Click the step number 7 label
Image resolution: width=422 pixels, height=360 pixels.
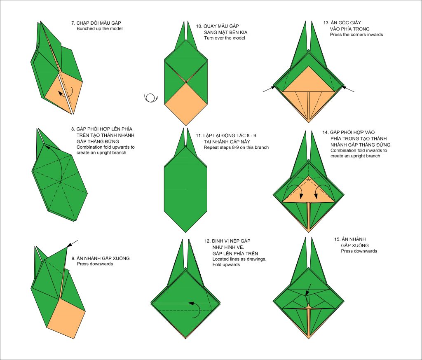73,23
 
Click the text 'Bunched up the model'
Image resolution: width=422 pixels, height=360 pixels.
99,29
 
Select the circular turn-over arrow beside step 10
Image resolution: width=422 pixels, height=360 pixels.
151,98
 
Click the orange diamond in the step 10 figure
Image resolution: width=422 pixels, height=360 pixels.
186,104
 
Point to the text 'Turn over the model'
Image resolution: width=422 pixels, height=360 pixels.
225,38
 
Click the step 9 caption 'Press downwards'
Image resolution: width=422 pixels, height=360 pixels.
95,264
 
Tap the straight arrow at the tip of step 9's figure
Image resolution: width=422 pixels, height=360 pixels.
72,243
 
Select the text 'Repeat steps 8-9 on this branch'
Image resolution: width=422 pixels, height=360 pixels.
236,147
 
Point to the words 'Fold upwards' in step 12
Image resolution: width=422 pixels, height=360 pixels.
226,265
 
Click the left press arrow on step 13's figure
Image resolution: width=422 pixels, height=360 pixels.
269,89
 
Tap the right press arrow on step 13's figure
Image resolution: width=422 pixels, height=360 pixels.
348,89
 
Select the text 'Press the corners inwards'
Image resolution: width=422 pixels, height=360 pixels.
356,35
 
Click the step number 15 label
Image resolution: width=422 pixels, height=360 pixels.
338,239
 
